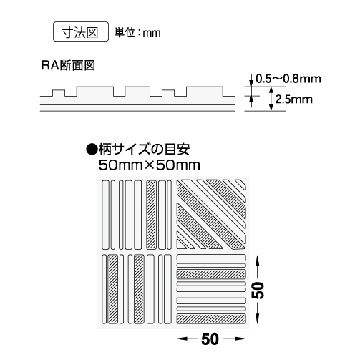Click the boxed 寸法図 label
(81, 31)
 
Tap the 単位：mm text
(137, 33)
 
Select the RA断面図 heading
(68, 65)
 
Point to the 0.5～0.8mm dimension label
(288, 79)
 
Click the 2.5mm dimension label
(294, 99)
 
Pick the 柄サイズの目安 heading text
(144, 150)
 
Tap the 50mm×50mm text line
(150, 165)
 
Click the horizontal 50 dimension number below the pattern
(210, 339)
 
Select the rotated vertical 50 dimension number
(258, 290)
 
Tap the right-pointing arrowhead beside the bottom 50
(240, 339)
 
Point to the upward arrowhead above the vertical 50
(257, 260)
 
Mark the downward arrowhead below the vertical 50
(257, 318)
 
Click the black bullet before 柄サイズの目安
(92, 150)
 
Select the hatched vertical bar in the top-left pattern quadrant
(151, 215)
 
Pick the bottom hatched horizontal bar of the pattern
(211, 319)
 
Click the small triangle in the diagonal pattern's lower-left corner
(181, 245)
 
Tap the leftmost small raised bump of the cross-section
(59, 93)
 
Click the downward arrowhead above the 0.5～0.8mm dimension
(251, 82)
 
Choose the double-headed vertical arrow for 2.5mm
(271, 99)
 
